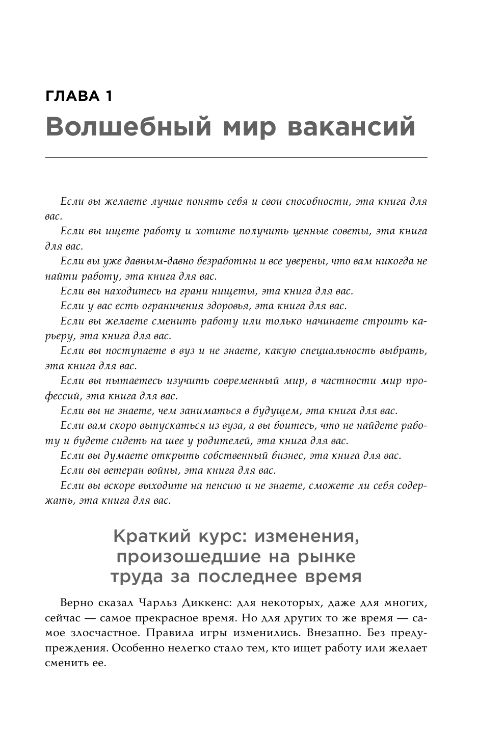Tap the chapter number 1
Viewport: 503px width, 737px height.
(108, 96)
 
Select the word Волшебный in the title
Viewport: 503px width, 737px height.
(128, 127)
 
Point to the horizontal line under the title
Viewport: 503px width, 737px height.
(236, 158)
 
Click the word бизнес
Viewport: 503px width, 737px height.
(286, 456)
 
